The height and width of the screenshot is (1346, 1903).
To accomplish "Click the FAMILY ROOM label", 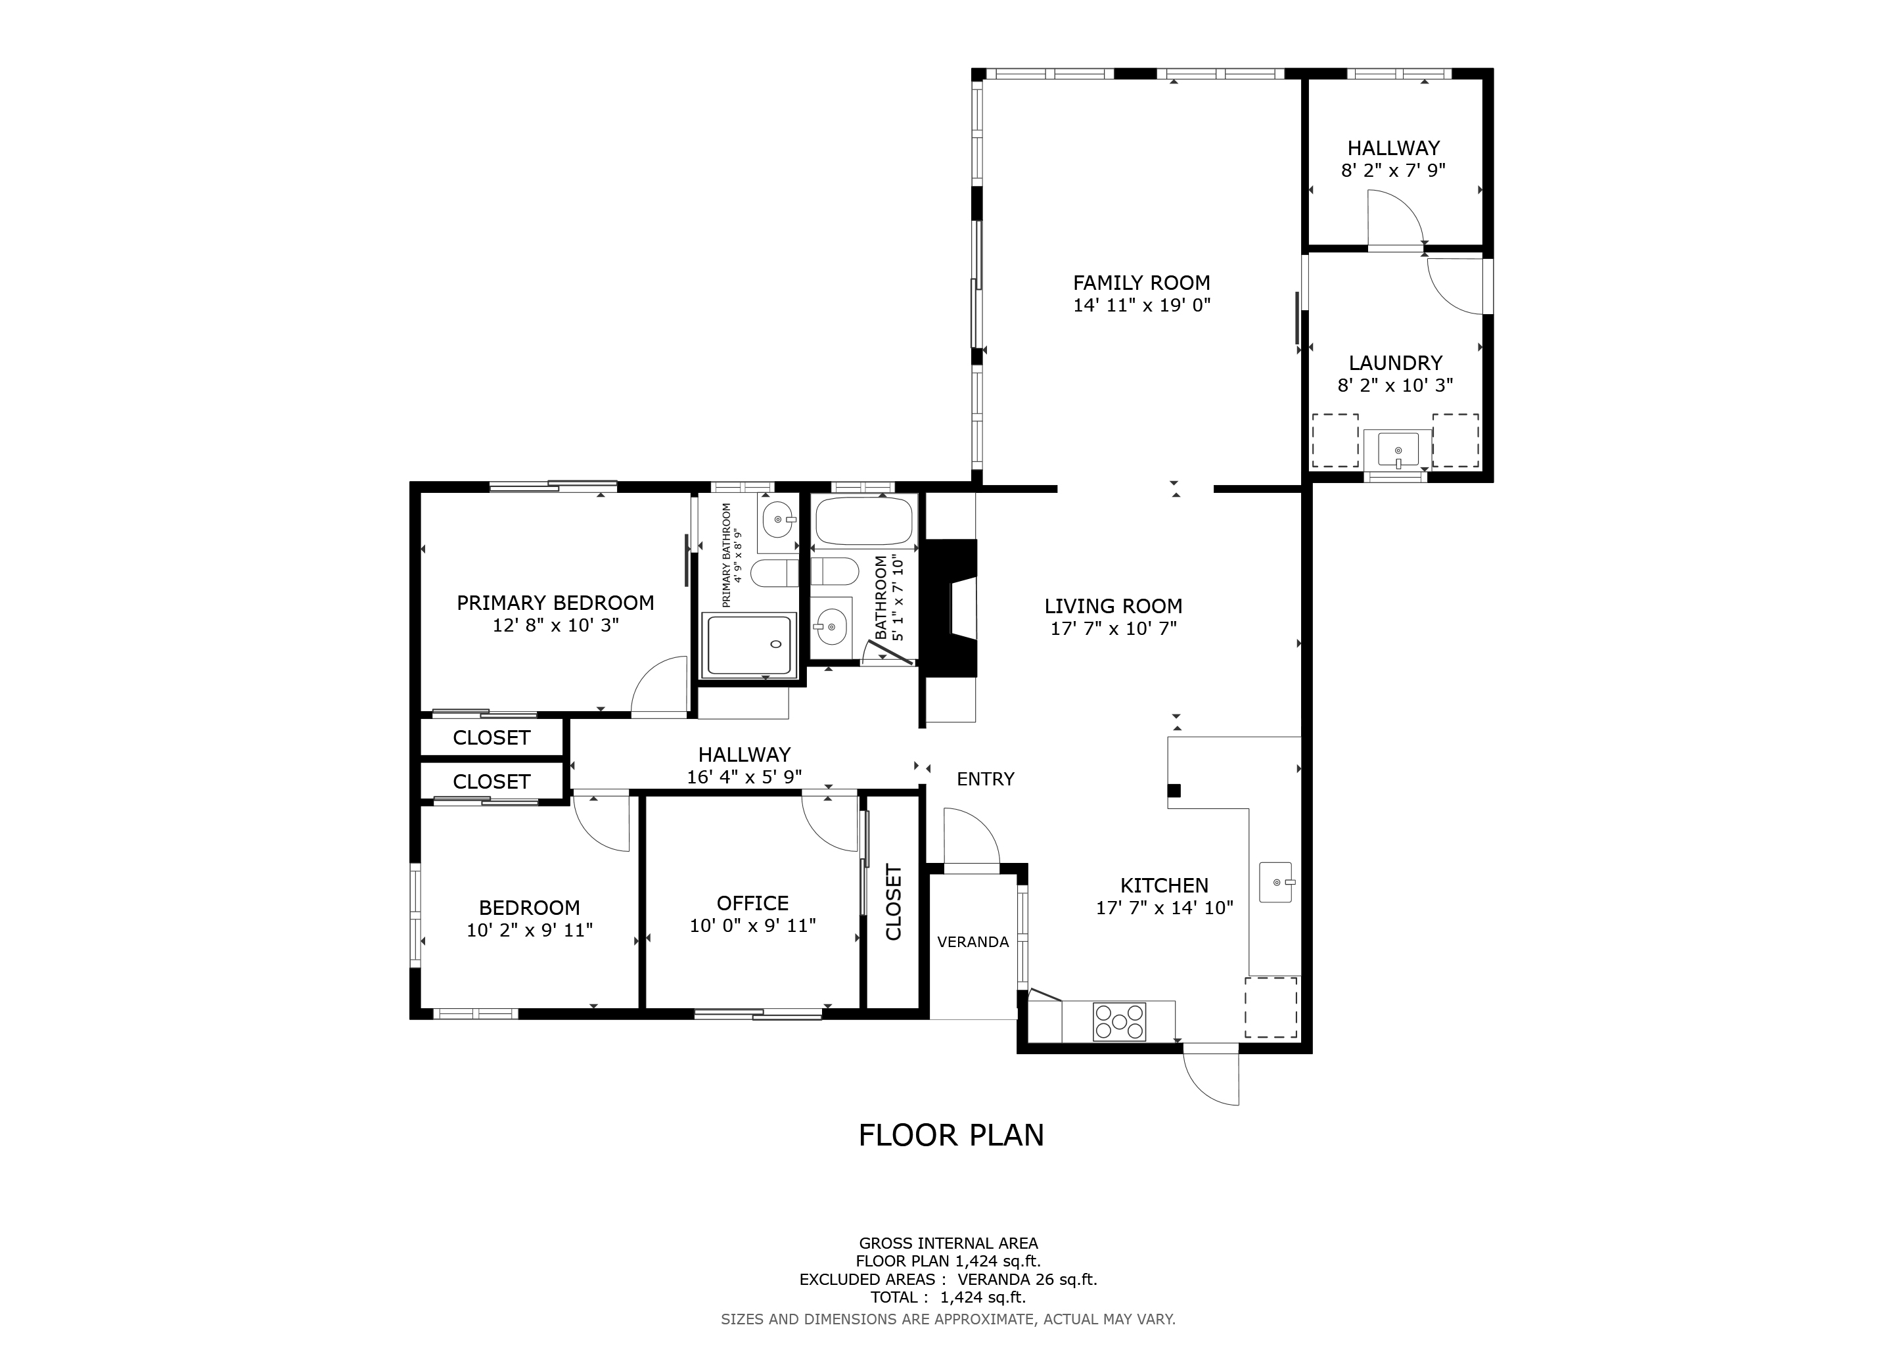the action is pyautogui.click(x=1141, y=283).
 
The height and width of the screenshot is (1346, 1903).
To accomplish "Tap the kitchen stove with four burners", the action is pyautogui.click(x=1120, y=1022).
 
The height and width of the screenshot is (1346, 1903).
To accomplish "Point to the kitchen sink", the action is pyautogui.click(x=1276, y=883).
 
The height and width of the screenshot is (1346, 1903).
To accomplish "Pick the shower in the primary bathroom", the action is pyautogui.click(x=748, y=645).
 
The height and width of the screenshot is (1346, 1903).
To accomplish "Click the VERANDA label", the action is pyautogui.click(x=973, y=942).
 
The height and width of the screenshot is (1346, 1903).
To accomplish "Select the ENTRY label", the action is pyautogui.click(x=986, y=779).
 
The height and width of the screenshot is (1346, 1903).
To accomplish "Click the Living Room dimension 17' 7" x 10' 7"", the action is pyautogui.click(x=1113, y=629).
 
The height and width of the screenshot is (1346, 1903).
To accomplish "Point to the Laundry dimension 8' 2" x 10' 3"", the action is pyautogui.click(x=1395, y=385).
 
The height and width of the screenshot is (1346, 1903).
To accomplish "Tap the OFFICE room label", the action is pyautogui.click(x=752, y=902).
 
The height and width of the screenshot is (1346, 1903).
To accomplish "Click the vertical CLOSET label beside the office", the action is pyautogui.click(x=894, y=902).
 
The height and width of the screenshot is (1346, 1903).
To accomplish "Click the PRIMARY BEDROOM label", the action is pyautogui.click(x=555, y=603).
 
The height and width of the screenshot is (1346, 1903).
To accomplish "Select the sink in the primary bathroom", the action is pyautogui.click(x=777, y=520).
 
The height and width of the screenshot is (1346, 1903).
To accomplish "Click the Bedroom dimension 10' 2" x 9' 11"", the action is pyautogui.click(x=530, y=930).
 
